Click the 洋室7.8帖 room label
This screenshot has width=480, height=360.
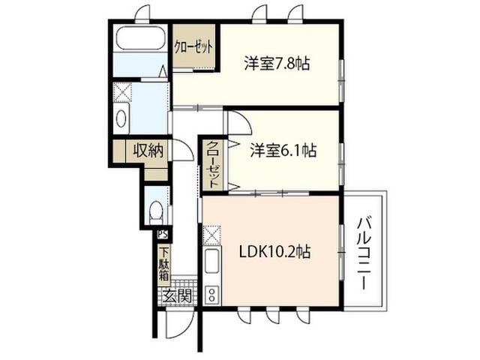[277, 63]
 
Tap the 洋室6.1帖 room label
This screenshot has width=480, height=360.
[283, 150]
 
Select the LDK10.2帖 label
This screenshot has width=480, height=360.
[274, 252]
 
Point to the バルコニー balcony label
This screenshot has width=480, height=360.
[364, 253]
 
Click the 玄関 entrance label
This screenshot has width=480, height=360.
[177, 295]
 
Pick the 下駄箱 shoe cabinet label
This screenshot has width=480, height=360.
[164, 263]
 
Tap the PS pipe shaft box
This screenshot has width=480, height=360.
[163, 235]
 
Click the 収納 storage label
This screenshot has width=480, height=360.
[148, 151]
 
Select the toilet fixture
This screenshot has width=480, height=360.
[156, 211]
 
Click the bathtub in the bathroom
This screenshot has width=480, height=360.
[141, 38]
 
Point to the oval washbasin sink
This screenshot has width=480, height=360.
[121, 118]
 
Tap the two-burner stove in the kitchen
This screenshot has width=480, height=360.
[211, 295]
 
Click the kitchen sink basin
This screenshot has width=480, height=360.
[211, 260]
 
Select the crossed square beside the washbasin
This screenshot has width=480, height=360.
[122, 91]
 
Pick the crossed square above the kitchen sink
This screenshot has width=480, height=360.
[211, 235]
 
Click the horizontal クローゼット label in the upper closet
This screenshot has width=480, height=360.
[193, 47]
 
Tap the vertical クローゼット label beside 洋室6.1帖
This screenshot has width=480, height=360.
[213, 164]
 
